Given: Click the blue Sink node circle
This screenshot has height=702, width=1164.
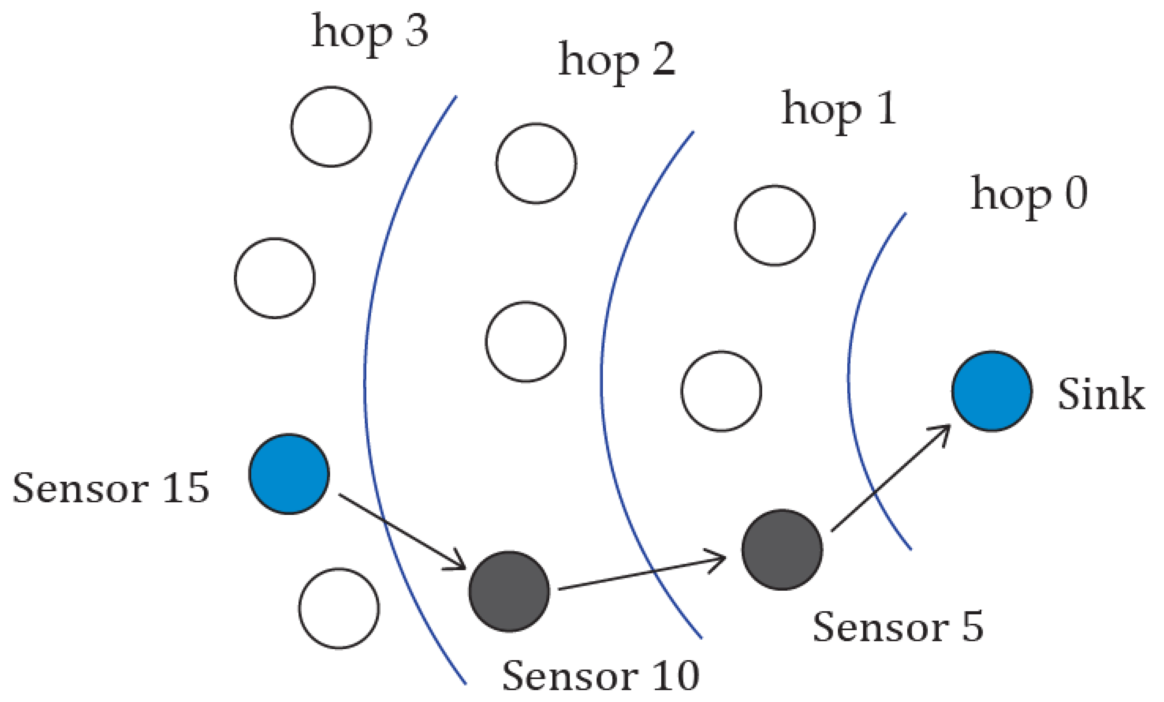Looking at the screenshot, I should [991, 391].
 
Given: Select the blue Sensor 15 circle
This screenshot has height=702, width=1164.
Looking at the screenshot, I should [289, 474].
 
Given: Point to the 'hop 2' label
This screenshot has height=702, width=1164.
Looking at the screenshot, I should [617, 62].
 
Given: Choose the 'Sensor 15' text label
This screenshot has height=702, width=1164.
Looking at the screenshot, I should [111, 488].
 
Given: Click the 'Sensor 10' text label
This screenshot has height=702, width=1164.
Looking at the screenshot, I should [600, 676].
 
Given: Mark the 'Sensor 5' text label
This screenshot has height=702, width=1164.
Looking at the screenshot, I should [898, 627].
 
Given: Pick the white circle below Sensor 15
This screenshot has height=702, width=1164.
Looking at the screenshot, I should [339, 608].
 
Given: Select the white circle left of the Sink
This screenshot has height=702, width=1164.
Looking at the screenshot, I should [721, 391].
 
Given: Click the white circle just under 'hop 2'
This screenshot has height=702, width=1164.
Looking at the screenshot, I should [536, 163].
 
